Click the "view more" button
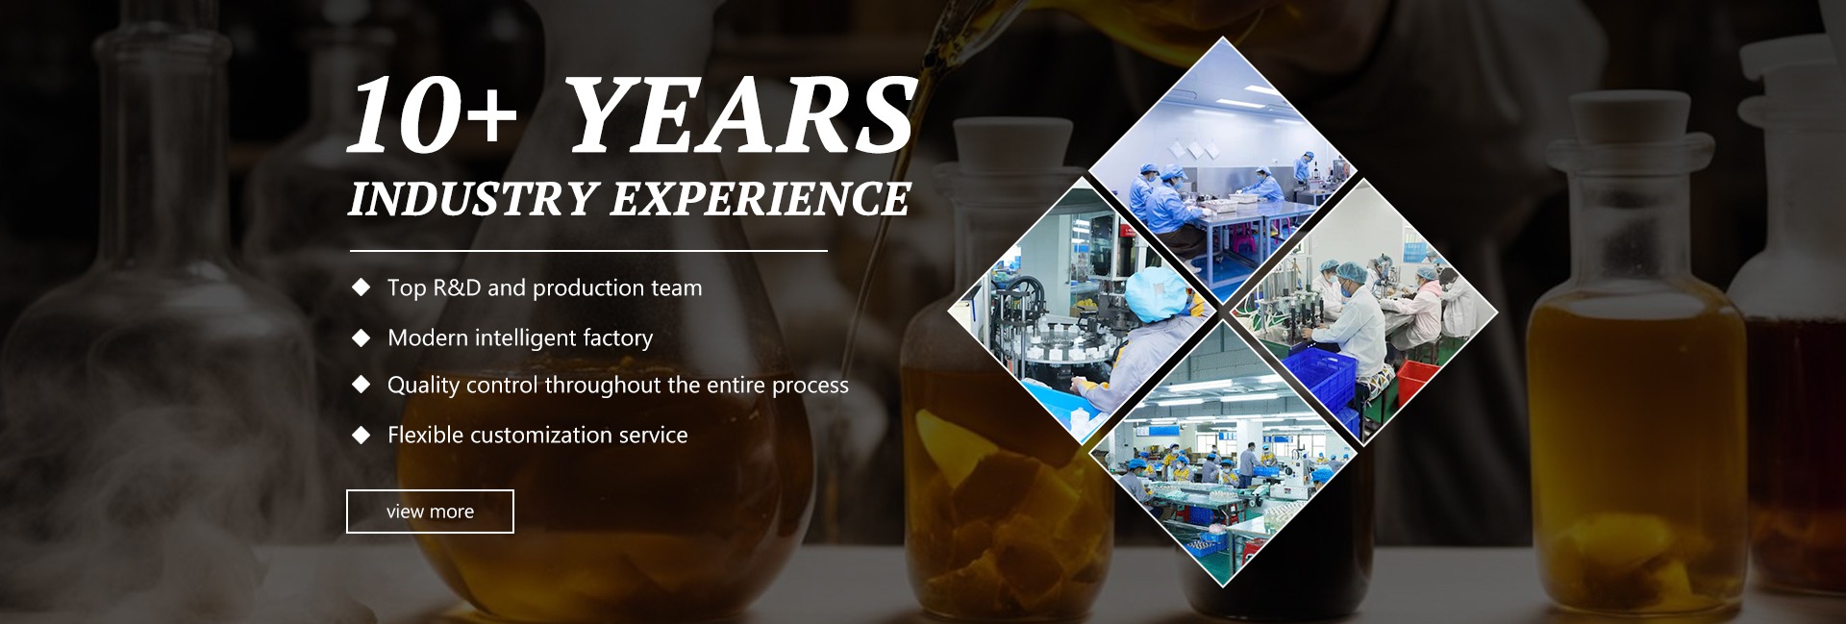pos(430,512)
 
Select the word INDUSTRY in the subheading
pos(472,199)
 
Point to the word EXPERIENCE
pos(761,199)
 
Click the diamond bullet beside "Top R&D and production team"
pos(362,287)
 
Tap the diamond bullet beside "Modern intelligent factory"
pos(362,337)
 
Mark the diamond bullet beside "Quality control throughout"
pos(362,385)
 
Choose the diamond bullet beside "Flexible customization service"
pos(362,435)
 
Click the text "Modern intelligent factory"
pos(520,337)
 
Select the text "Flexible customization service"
pos(537,435)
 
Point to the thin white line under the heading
pos(588,251)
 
